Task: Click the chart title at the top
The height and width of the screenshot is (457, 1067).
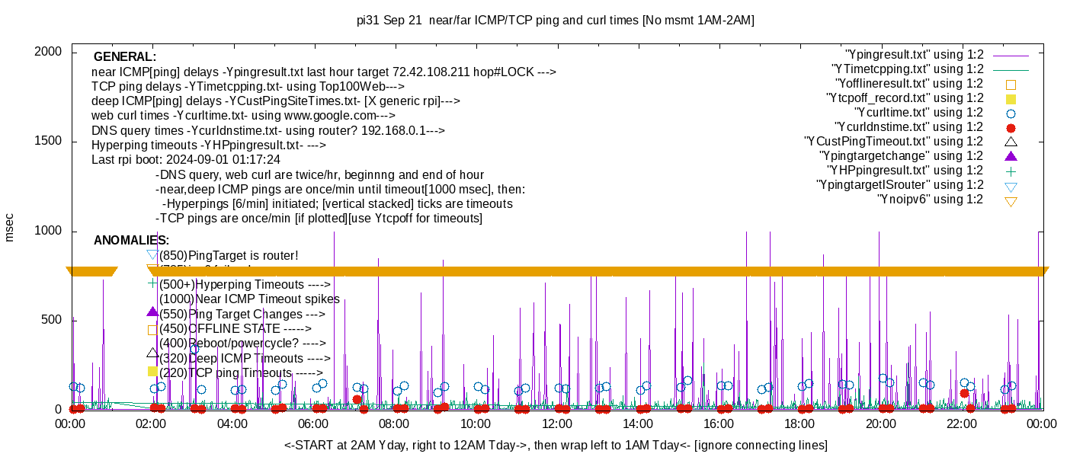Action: pos(555,21)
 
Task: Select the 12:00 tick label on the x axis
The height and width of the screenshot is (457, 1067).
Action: pos(556,423)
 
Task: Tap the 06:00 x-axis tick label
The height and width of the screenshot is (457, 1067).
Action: pos(313,423)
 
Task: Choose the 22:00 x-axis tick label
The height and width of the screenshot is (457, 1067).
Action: pos(961,423)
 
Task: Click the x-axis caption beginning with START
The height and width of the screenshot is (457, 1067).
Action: pos(556,445)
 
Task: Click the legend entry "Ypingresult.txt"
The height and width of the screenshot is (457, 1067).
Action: pos(915,55)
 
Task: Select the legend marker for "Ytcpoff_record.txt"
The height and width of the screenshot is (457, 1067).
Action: pos(1011,99)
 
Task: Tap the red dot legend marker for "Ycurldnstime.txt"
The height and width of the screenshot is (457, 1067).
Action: pos(1011,128)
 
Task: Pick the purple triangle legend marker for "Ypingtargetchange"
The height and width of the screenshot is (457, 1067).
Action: pos(1011,156)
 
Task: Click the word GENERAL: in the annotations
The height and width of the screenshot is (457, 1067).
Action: pos(124,57)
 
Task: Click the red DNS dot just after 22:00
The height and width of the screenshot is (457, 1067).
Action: pos(964,393)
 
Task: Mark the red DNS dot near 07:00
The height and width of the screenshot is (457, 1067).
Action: pos(357,399)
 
